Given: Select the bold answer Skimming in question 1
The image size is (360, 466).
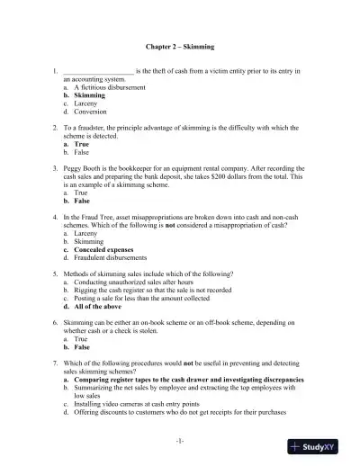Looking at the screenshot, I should click(x=89, y=94).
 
